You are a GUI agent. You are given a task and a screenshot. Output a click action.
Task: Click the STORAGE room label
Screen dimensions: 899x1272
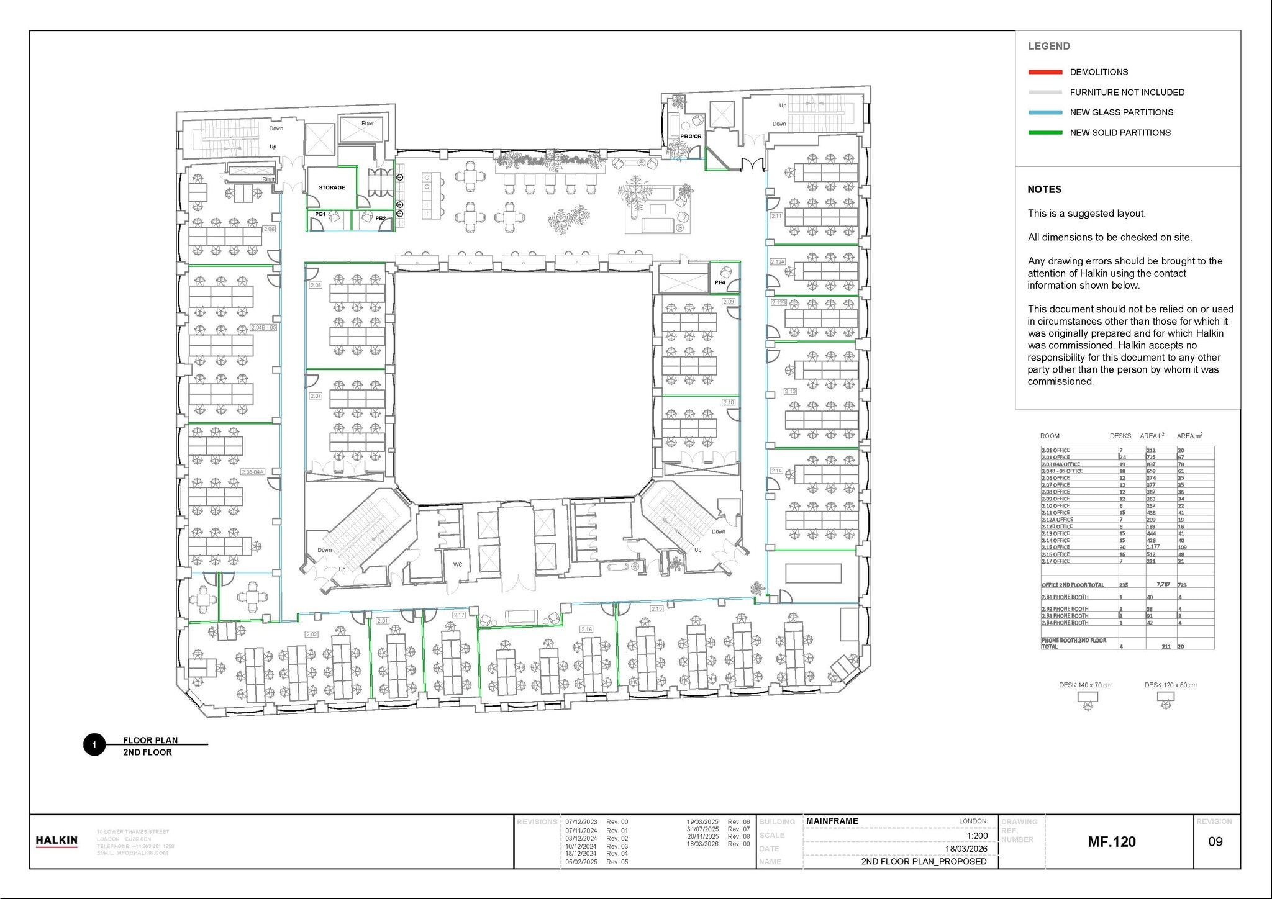click(x=332, y=187)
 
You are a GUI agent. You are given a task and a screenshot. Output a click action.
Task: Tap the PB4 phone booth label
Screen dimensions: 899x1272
click(x=720, y=282)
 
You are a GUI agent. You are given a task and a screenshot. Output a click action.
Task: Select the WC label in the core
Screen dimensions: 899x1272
click(x=458, y=565)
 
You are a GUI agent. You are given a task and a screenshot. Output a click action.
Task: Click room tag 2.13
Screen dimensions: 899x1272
click(x=790, y=392)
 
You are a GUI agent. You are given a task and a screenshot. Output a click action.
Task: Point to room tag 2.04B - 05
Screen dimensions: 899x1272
click(x=263, y=327)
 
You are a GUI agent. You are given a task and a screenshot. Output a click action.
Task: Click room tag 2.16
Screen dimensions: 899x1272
click(x=586, y=629)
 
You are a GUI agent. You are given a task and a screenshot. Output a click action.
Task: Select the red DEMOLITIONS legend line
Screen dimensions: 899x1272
click(x=1045, y=72)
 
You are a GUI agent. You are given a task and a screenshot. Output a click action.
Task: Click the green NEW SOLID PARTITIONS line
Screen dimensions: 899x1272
click(x=1045, y=133)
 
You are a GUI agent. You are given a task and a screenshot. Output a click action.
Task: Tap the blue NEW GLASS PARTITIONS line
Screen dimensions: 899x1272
click(x=1045, y=112)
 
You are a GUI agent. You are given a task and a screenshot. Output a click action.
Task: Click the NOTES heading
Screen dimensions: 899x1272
click(x=1044, y=189)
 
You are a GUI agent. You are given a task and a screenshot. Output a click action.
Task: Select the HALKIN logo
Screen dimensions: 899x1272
click(x=57, y=841)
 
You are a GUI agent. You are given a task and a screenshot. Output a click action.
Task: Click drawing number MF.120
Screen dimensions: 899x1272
click(x=1112, y=842)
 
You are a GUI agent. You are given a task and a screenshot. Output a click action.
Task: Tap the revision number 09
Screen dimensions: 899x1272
click(x=1215, y=842)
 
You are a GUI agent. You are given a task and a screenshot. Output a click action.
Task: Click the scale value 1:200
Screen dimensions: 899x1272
click(x=976, y=836)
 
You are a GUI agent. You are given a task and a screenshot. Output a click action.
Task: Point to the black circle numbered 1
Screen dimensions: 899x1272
click(x=94, y=745)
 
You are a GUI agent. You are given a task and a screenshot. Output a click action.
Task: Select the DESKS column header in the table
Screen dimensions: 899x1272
click(x=1120, y=436)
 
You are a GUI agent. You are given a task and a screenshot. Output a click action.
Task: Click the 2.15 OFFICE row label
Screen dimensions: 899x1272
click(x=1056, y=548)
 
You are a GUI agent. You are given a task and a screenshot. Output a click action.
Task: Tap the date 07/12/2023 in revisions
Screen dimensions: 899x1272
click(x=581, y=822)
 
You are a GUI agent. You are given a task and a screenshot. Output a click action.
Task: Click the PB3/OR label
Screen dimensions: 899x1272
click(x=691, y=137)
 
